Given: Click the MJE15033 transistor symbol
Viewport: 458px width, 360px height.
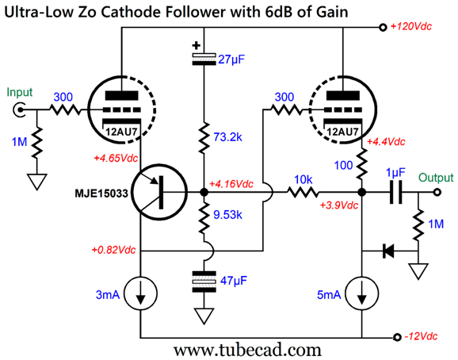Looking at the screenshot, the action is click(159, 192).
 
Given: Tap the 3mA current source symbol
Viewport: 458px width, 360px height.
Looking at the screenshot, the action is click(141, 293).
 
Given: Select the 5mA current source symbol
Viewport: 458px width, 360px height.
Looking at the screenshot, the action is click(362, 293).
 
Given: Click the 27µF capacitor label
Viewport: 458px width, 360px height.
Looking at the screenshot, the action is click(231, 59).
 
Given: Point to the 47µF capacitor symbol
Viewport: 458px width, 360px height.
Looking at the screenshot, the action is click(204, 281).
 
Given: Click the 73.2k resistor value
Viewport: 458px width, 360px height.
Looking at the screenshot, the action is click(228, 136).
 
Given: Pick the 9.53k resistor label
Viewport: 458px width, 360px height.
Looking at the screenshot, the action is click(228, 215).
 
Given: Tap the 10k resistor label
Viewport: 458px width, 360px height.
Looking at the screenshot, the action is click(303, 180).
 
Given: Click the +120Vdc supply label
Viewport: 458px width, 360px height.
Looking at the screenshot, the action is click(411, 27).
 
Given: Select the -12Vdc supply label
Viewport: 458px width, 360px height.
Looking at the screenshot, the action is click(421, 336).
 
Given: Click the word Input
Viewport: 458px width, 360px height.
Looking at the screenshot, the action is click(20, 92).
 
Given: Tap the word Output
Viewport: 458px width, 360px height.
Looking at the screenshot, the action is click(436, 178).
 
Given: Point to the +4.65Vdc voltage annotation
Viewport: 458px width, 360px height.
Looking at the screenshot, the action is click(116, 158).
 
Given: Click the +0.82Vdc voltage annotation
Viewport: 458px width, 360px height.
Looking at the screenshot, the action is click(113, 250).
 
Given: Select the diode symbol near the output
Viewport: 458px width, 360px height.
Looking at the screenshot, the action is click(388, 251).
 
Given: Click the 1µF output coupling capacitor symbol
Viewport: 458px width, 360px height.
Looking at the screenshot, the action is click(395, 192).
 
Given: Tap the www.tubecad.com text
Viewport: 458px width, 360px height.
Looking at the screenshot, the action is click(247, 350).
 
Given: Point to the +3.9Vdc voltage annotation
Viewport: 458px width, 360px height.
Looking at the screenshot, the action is click(339, 205).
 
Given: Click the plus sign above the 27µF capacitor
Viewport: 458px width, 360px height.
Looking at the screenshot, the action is click(197, 45).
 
